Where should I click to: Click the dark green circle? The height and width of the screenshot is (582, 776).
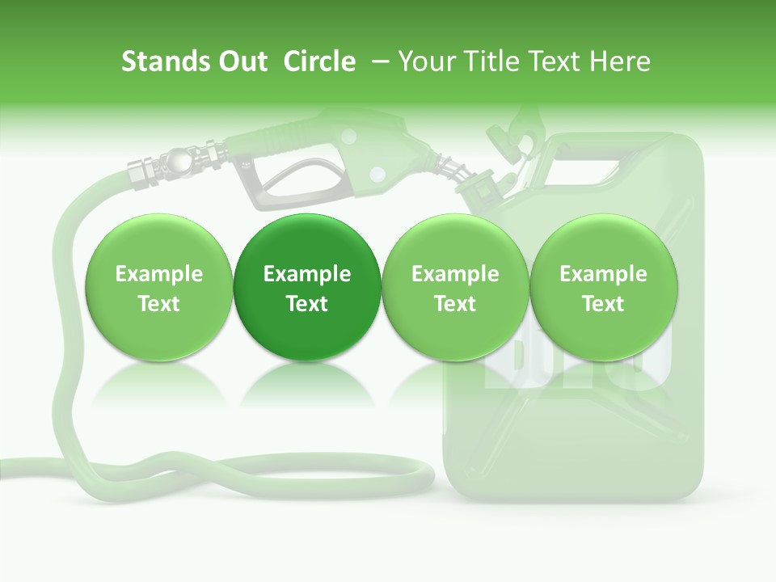[307, 288]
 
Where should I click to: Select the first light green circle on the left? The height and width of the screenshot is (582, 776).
[159, 288]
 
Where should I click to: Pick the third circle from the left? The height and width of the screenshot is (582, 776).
[455, 288]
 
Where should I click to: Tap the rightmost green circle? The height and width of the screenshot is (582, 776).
[604, 288]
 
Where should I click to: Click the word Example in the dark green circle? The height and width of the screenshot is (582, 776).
[307, 274]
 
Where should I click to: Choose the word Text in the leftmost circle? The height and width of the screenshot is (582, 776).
[159, 304]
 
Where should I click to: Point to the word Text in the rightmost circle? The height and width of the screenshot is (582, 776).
[604, 304]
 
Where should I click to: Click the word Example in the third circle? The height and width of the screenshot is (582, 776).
[455, 274]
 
